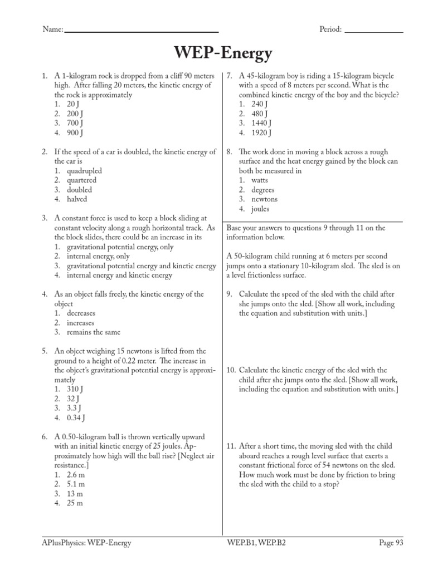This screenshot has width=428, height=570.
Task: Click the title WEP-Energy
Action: [223, 54]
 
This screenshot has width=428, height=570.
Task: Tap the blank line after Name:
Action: [142, 31]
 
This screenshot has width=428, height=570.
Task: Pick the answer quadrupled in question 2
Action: [84, 171]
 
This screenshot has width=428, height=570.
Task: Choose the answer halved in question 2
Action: [77, 199]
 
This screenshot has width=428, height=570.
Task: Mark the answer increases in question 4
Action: [81, 323]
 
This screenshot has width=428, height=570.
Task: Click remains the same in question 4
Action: [93, 332]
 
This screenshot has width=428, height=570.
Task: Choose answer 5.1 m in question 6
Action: [75, 484]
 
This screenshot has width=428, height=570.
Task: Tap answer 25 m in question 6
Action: [75, 503]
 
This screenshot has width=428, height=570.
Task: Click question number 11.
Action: [231, 446]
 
